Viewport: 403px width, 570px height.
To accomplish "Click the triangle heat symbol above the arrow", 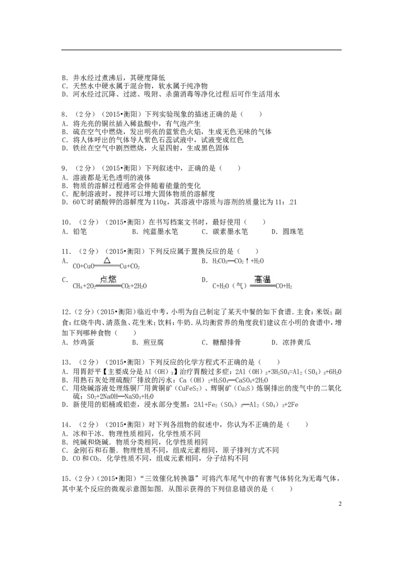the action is (x=107, y=260).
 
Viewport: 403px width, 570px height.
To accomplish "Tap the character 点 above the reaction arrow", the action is (x=104, y=279).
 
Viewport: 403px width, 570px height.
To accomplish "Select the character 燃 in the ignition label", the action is (x=112, y=279).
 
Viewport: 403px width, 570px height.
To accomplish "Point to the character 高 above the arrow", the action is (x=258, y=279).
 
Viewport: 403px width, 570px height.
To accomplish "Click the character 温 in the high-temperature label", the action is (x=267, y=279).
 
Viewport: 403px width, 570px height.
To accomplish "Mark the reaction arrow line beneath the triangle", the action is (x=107, y=266).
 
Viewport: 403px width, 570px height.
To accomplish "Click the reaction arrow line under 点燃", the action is (x=108, y=286).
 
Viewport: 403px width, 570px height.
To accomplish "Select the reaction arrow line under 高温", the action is (x=262, y=286).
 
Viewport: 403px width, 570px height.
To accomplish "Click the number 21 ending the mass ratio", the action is (x=294, y=202).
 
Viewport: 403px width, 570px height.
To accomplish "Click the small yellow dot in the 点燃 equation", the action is (x=83, y=288).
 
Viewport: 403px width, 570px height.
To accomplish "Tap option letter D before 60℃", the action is (x=64, y=202).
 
